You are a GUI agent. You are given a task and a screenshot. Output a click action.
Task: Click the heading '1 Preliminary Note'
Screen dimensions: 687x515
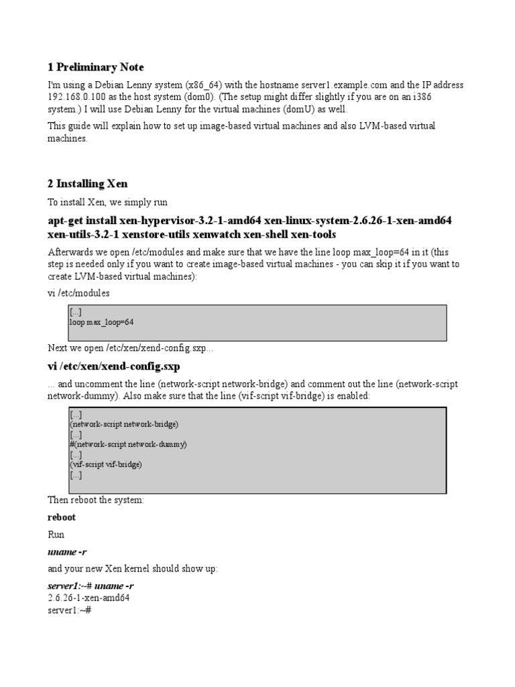(96, 67)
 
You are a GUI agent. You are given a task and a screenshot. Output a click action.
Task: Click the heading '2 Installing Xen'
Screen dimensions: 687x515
(87, 183)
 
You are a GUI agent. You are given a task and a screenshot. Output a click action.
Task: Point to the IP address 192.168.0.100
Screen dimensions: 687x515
(76, 97)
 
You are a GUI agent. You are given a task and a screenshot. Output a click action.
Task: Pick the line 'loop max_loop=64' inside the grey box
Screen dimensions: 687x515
(101, 322)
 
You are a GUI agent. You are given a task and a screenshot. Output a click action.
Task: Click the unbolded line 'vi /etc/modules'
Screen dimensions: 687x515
(78, 293)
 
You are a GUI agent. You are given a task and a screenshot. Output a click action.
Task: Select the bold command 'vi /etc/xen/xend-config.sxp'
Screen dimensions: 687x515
(113, 366)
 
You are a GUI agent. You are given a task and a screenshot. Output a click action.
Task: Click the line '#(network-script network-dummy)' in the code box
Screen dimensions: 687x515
(128, 444)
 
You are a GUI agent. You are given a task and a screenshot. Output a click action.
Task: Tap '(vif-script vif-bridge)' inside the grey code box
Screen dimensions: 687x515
(106, 464)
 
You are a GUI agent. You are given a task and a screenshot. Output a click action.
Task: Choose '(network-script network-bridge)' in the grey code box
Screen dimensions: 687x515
(124, 425)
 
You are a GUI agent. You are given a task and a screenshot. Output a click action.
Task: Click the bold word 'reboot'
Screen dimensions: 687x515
(62, 517)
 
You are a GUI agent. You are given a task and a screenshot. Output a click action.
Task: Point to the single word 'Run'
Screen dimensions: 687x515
(56, 535)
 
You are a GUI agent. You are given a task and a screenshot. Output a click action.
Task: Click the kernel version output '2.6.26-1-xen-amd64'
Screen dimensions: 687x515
(89, 597)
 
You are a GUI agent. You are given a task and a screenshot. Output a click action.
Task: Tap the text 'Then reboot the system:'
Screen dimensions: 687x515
(96, 500)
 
